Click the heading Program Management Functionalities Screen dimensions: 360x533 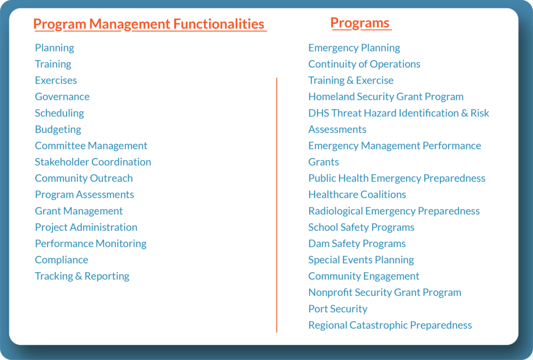tap(149, 24)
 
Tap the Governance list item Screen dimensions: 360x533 tap(62, 97)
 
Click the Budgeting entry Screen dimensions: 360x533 tap(58, 130)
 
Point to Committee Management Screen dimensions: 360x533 tap(91, 146)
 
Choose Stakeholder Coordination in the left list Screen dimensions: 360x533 tap(93, 162)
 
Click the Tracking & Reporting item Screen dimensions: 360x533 tap(82, 276)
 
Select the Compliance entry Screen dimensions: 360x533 tap(61, 260)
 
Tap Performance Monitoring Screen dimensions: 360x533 tap(91, 243)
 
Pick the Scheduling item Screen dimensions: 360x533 tap(59, 113)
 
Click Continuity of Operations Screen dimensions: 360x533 tap(364, 64)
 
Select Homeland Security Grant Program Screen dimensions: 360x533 tap(386, 97)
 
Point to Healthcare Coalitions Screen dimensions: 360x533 tap(357, 195)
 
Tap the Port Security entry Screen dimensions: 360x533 tap(338, 308)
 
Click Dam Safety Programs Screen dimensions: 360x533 tap(357, 243)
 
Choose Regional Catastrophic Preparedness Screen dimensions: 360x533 tap(390, 325)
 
